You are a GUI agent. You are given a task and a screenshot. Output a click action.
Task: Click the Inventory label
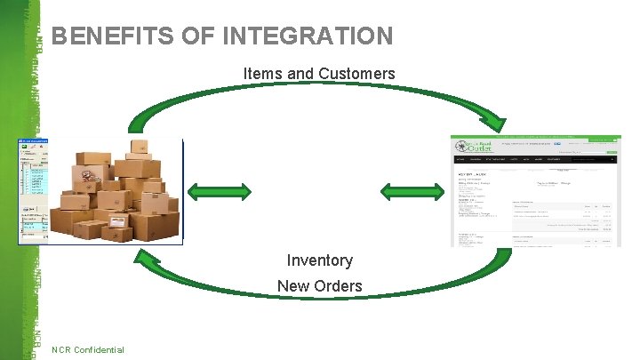(319, 260)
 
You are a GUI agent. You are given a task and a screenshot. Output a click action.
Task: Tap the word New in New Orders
(292, 286)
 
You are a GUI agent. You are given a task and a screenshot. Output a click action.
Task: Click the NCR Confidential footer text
(88, 349)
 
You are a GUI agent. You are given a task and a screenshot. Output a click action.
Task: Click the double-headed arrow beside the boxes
(220, 190)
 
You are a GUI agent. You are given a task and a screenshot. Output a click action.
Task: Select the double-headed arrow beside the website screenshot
(413, 190)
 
